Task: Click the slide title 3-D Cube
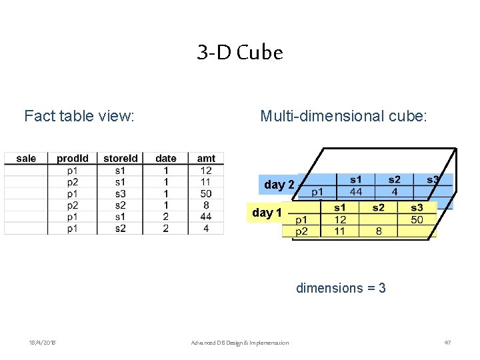click(x=240, y=52)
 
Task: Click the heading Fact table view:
click(x=79, y=116)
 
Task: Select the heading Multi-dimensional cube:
click(x=343, y=116)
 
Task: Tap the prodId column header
click(x=73, y=159)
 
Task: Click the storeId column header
click(x=121, y=159)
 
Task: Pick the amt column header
click(x=206, y=159)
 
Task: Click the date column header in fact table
click(x=165, y=159)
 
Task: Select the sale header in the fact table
click(x=26, y=159)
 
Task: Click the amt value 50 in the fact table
click(x=206, y=194)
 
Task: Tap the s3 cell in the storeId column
click(x=120, y=194)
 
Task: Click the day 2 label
click(x=279, y=185)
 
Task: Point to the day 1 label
click(x=267, y=213)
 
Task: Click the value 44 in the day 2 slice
click(x=355, y=191)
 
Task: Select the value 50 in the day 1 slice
click(x=417, y=219)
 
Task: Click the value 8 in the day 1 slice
click(x=378, y=231)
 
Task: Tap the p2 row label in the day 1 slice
click(x=301, y=231)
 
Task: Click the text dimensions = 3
click(x=341, y=288)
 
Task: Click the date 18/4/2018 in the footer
click(x=42, y=343)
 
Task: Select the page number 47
click(x=447, y=343)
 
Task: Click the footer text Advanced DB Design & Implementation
click(x=240, y=343)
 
